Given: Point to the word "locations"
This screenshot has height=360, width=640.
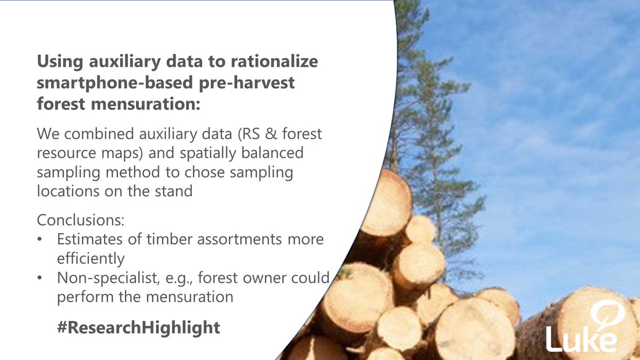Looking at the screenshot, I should point(68,190).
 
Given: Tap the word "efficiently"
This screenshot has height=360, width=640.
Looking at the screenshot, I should point(90,259).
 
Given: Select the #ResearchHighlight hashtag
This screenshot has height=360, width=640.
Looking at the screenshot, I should point(138,327).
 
